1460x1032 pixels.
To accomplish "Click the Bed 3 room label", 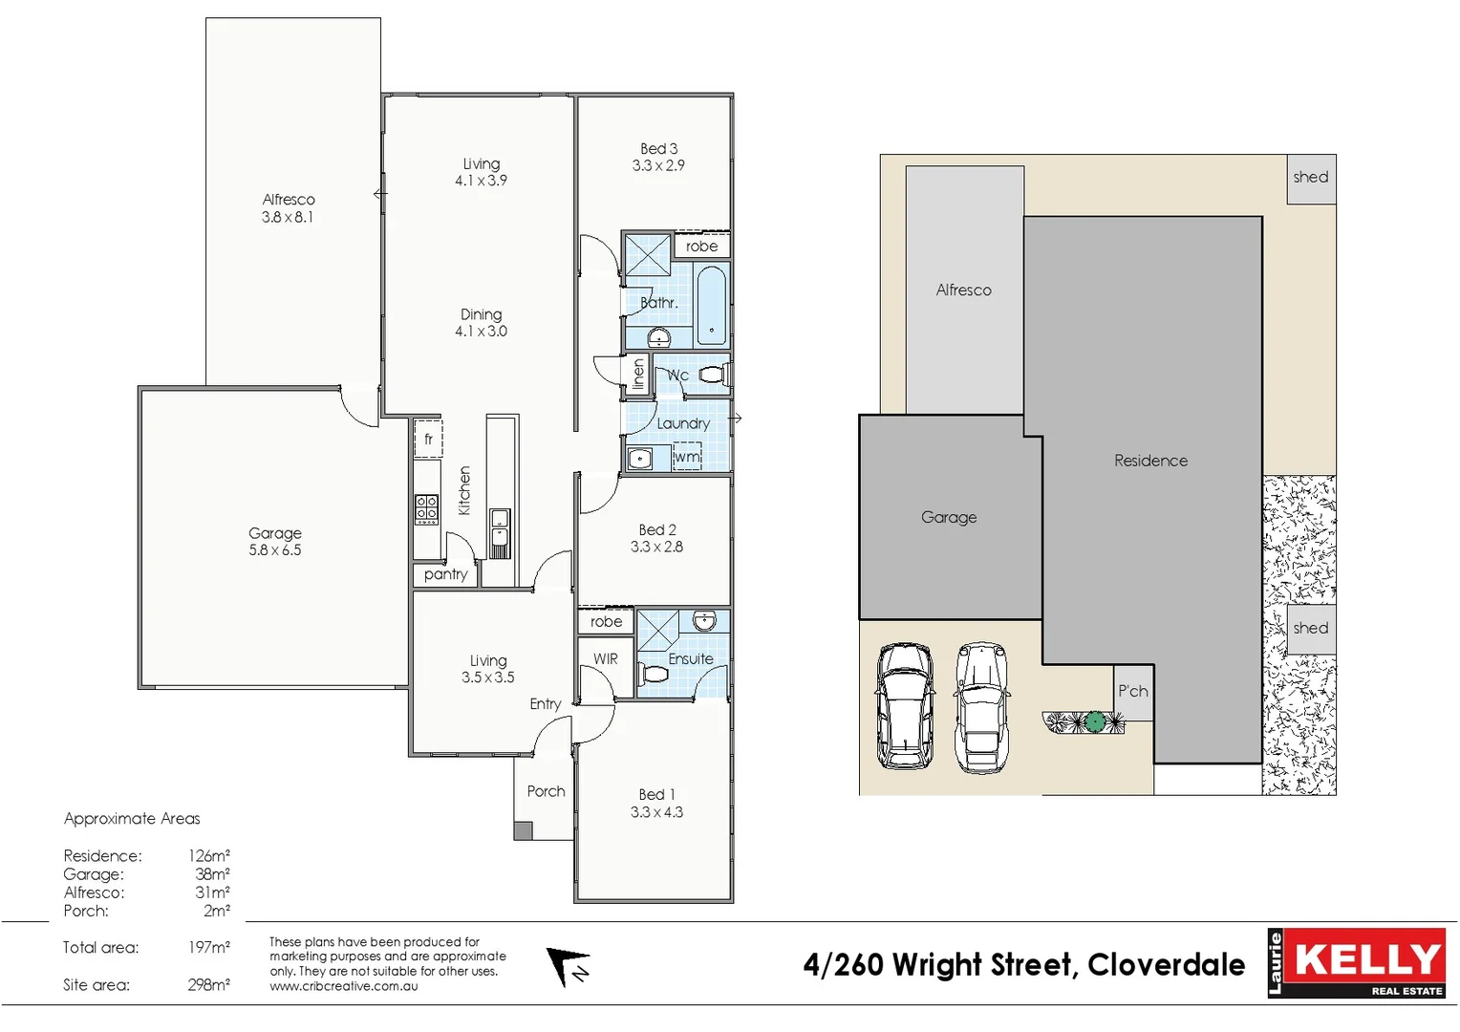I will click(x=658, y=157).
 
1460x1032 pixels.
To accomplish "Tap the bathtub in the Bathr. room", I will click(x=711, y=306).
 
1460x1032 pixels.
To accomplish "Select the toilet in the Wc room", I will click(x=712, y=375).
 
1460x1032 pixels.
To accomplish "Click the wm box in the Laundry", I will click(x=687, y=457).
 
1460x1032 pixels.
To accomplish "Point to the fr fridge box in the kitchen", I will click(x=428, y=439).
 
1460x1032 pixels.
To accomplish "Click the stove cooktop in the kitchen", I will click(x=426, y=509).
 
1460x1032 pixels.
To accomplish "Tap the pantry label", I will click(x=445, y=574).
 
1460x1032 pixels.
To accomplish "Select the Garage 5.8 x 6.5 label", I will click(x=275, y=541).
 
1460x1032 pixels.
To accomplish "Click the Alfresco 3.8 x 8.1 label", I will click(x=288, y=207).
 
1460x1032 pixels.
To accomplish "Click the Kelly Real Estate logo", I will click(x=1356, y=963).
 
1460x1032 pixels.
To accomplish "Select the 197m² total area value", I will click(x=208, y=948).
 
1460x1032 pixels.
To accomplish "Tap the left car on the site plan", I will click(x=905, y=705).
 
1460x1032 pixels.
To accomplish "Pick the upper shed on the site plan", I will click(x=1311, y=179).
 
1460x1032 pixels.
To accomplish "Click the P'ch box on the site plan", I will click(x=1133, y=692).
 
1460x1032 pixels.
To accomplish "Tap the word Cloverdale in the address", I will click(x=1166, y=965).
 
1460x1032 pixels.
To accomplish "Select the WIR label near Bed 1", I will click(x=606, y=659).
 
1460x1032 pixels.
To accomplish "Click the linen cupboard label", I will click(x=638, y=375).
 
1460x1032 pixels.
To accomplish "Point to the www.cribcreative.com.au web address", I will click(x=343, y=986).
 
